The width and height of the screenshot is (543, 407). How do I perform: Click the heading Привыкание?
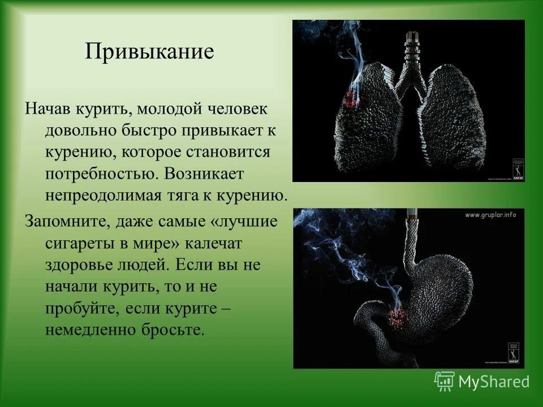click(150, 52)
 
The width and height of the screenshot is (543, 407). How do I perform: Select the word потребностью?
click(102, 174)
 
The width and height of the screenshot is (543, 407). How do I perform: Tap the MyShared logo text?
click(494, 382)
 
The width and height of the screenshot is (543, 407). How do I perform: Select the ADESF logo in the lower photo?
click(512, 353)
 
